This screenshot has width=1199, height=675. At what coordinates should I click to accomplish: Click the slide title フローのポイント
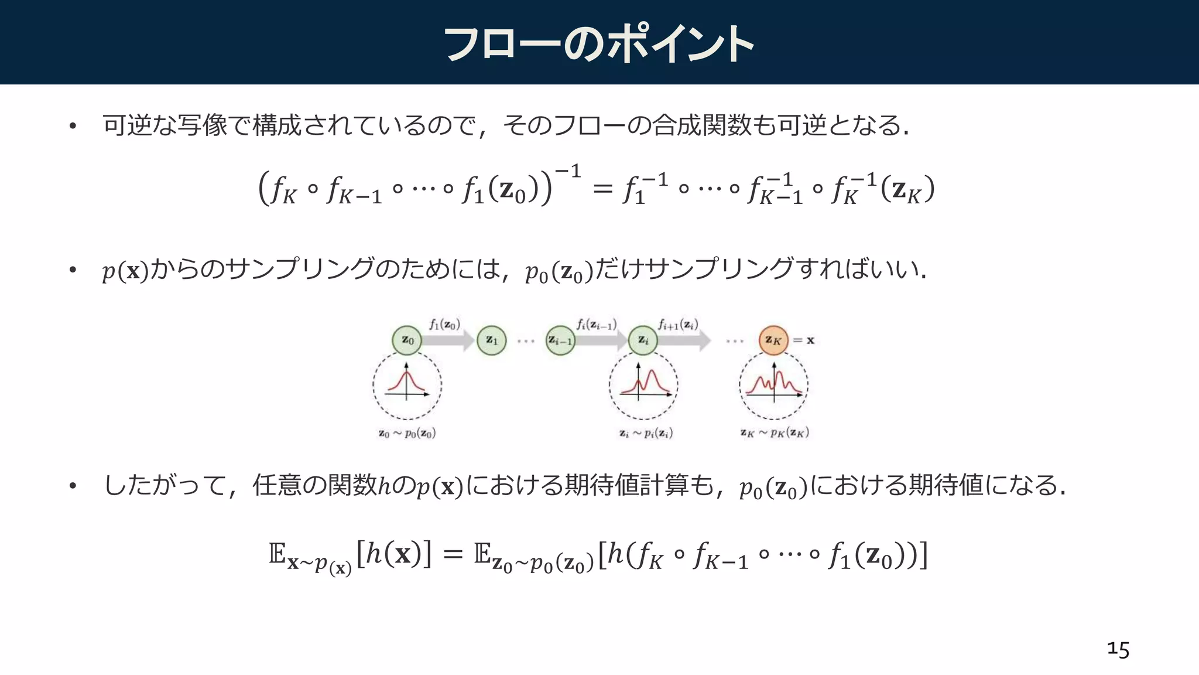click(598, 44)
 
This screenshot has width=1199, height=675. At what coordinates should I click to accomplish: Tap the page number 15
click(1118, 649)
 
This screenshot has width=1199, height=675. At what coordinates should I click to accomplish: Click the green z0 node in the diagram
click(407, 340)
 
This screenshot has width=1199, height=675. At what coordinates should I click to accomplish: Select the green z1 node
click(491, 340)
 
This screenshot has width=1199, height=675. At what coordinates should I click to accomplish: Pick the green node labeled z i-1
click(560, 340)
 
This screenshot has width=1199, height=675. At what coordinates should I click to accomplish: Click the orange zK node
click(773, 340)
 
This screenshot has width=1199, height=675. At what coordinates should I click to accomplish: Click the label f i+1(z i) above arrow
click(677, 324)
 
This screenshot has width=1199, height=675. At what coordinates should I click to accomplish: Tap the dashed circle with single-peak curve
click(407, 385)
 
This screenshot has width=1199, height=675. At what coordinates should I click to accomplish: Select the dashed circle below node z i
click(643, 385)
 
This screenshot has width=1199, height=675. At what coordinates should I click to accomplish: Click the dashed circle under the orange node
click(773, 385)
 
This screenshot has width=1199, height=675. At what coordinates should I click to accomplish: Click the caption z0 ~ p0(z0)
click(407, 434)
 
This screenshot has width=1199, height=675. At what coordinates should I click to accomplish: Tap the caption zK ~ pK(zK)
click(774, 433)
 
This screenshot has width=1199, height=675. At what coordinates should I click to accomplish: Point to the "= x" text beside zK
click(804, 340)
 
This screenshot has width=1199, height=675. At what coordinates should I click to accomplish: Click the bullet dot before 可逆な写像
click(73, 126)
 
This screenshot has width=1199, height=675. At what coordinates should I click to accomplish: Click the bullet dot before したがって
click(73, 486)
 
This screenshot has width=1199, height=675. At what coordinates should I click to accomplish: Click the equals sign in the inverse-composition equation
click(602, 189)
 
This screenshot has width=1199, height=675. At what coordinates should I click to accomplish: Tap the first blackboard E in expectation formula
click(277, 553)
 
